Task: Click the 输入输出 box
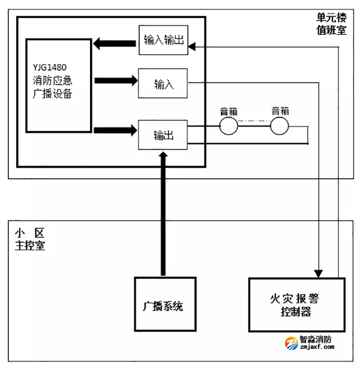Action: pyautogui.click(x=163, y=40)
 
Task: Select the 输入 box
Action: pyautogui.click(x=163, y=83)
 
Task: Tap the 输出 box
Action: pyautogui.click(x=163, y=135)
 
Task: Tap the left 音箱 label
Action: pyautogui.click(x=228, y=111)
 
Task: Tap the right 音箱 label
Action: pyautogui.click(x=280, y=111)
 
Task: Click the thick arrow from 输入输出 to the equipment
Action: pyautogui.click(x=114, y=44)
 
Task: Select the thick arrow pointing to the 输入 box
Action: pyautogui.click(x=114, y=80)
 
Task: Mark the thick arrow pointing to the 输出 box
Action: pyautogui.click(x=114, y=128)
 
